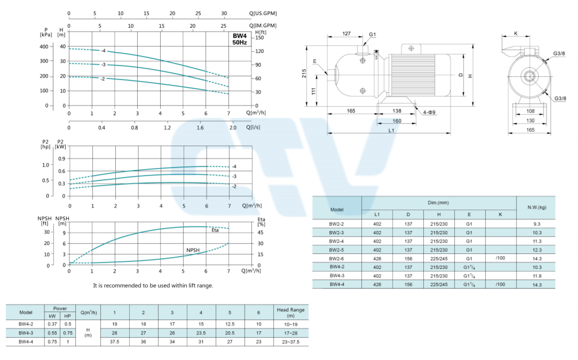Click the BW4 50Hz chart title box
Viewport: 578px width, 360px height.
240,39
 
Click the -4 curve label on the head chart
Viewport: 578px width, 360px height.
104,51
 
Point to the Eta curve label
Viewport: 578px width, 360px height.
215,230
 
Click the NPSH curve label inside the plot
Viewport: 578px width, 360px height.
193,250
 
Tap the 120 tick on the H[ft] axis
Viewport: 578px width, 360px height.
260,51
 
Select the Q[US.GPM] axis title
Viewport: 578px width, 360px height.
263,13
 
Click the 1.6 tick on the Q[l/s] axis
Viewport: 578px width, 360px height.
200,128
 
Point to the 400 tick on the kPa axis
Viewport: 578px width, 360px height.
44,47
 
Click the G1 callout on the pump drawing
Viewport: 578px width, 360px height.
373,35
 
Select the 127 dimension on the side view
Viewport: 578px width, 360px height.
346,34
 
